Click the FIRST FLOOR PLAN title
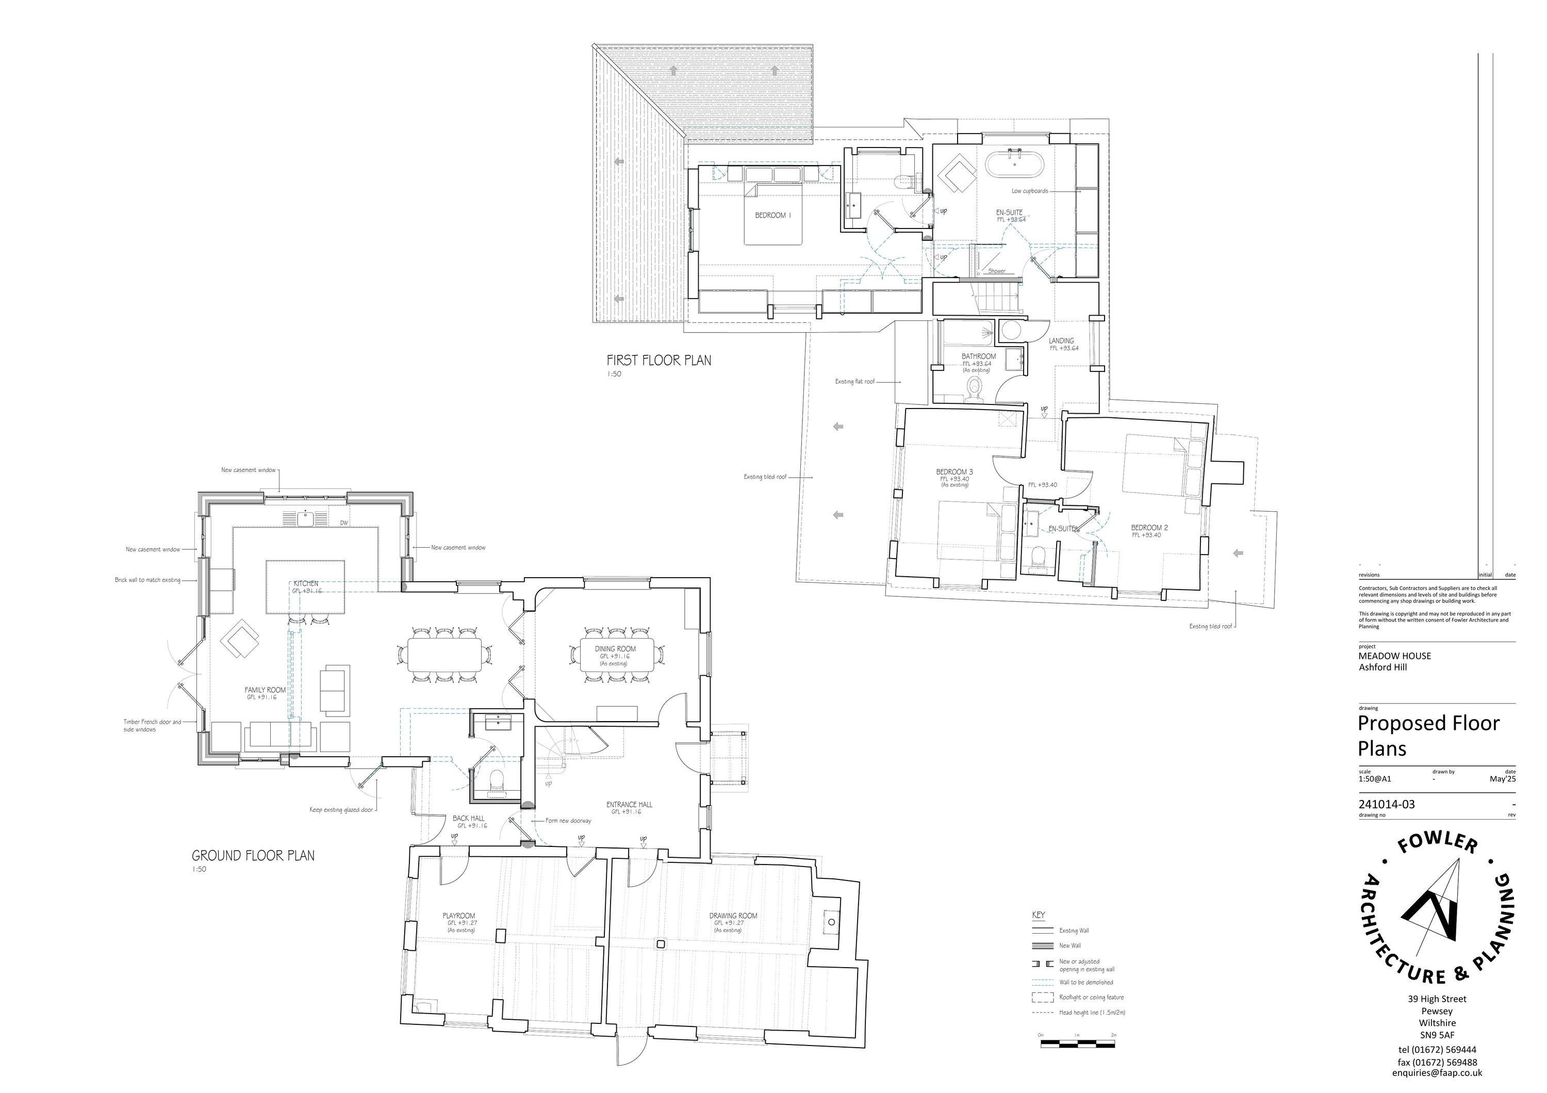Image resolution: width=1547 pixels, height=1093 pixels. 659,361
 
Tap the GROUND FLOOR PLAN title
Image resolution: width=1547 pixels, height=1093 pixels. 253,856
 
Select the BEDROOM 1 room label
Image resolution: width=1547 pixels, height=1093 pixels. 773,216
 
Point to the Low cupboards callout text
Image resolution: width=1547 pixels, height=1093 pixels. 1030,191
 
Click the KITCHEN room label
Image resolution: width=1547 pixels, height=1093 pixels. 305,583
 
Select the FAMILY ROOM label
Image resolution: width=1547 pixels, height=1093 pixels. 265,690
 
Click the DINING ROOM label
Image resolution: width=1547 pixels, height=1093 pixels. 615,649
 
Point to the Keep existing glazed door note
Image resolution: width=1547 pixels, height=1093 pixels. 341,810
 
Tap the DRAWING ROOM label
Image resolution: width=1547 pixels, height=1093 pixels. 733,916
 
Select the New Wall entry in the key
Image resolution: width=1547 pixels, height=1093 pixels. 1070,945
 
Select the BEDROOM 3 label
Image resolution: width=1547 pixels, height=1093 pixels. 954,471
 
